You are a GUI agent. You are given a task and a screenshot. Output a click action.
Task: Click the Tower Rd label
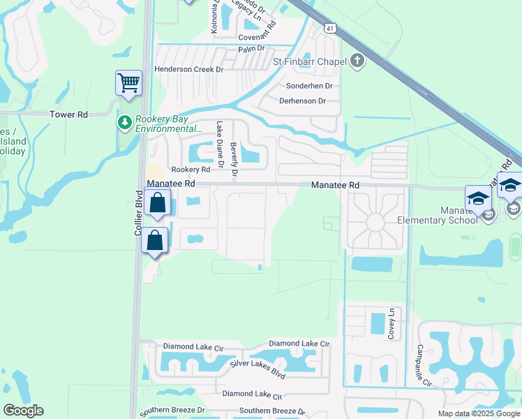pos(69,114)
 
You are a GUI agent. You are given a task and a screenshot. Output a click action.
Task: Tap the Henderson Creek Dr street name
pos(188,70)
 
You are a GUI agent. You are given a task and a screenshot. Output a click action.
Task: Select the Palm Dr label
pos(252,49)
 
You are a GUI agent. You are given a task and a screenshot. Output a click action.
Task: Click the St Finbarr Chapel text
pos(309,61)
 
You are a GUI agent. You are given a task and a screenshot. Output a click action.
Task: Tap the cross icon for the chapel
pos(357,61)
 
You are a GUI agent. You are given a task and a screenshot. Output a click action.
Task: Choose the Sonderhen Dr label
pos(309,86)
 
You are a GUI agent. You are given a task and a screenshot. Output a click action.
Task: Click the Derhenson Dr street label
pos(302,101)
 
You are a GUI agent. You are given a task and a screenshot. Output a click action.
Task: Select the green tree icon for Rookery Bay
pos(125,124)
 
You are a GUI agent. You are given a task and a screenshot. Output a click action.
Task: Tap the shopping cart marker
pos(129,83)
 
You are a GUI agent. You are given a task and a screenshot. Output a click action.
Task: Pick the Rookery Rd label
pos(191,170)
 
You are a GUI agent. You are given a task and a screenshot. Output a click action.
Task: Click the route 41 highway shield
pos(329,27)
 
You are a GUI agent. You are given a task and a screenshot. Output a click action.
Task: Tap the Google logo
pos(23,411)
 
